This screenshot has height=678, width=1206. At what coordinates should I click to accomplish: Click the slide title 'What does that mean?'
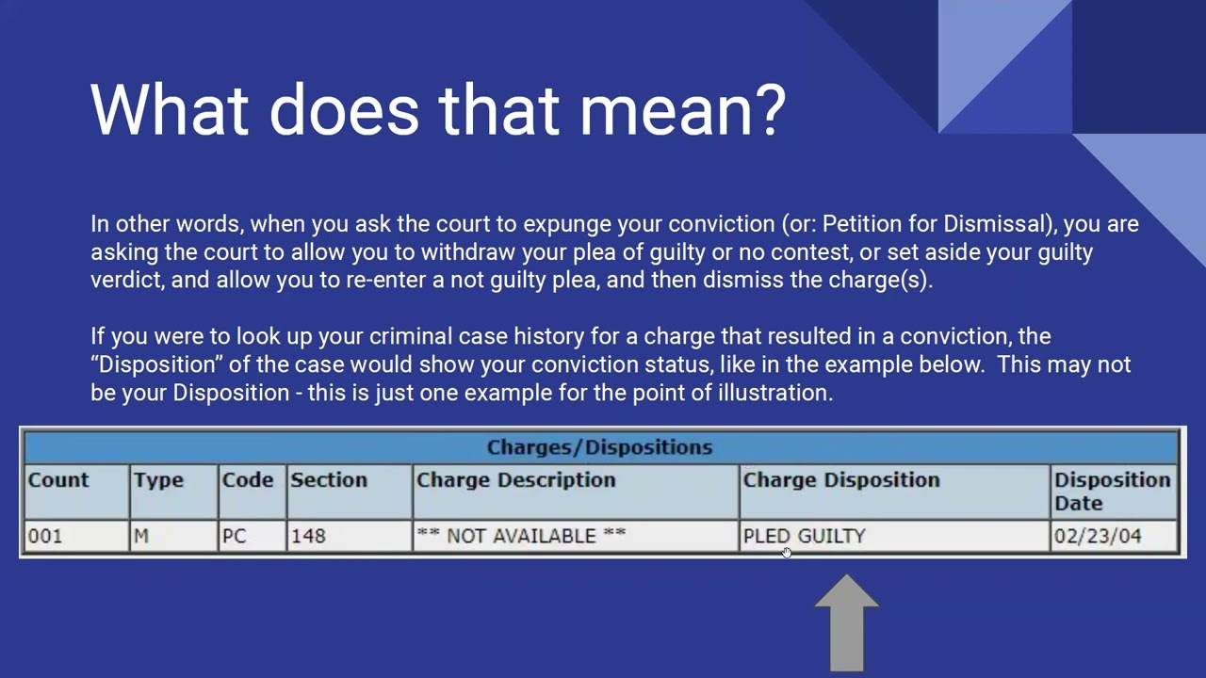[x=438, y=110]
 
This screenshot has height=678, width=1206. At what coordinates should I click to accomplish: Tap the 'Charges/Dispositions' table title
[x=599, y=447]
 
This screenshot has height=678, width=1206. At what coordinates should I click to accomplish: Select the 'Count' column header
[x=58, y=480]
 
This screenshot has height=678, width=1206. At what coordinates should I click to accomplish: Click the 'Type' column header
[x=158, y=480]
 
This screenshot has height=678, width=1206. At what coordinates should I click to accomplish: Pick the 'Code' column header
[x=247, y=480]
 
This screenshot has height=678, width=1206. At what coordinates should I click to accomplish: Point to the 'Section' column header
[x=328, y=480]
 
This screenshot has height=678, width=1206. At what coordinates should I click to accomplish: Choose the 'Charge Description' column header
[x=515, y=480]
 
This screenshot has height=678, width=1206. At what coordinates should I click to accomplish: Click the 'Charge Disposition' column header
[x=840, y=480]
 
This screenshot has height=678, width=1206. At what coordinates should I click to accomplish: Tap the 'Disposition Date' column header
[x=1112, y=491]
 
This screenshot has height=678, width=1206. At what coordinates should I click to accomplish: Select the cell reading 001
[x=45, y=536]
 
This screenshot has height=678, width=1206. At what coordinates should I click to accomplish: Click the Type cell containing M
[x=141, y=536]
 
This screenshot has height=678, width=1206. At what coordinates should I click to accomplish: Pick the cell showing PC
[x=234, y=536]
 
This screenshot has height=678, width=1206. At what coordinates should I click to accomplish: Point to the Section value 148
[x=308, y=536]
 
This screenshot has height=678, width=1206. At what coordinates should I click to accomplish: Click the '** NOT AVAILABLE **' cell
[x=521, y=536]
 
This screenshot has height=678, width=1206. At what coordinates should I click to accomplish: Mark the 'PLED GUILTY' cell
[x=804, y=536]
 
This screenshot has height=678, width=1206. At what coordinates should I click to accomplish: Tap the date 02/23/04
[x=1098, y=536]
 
